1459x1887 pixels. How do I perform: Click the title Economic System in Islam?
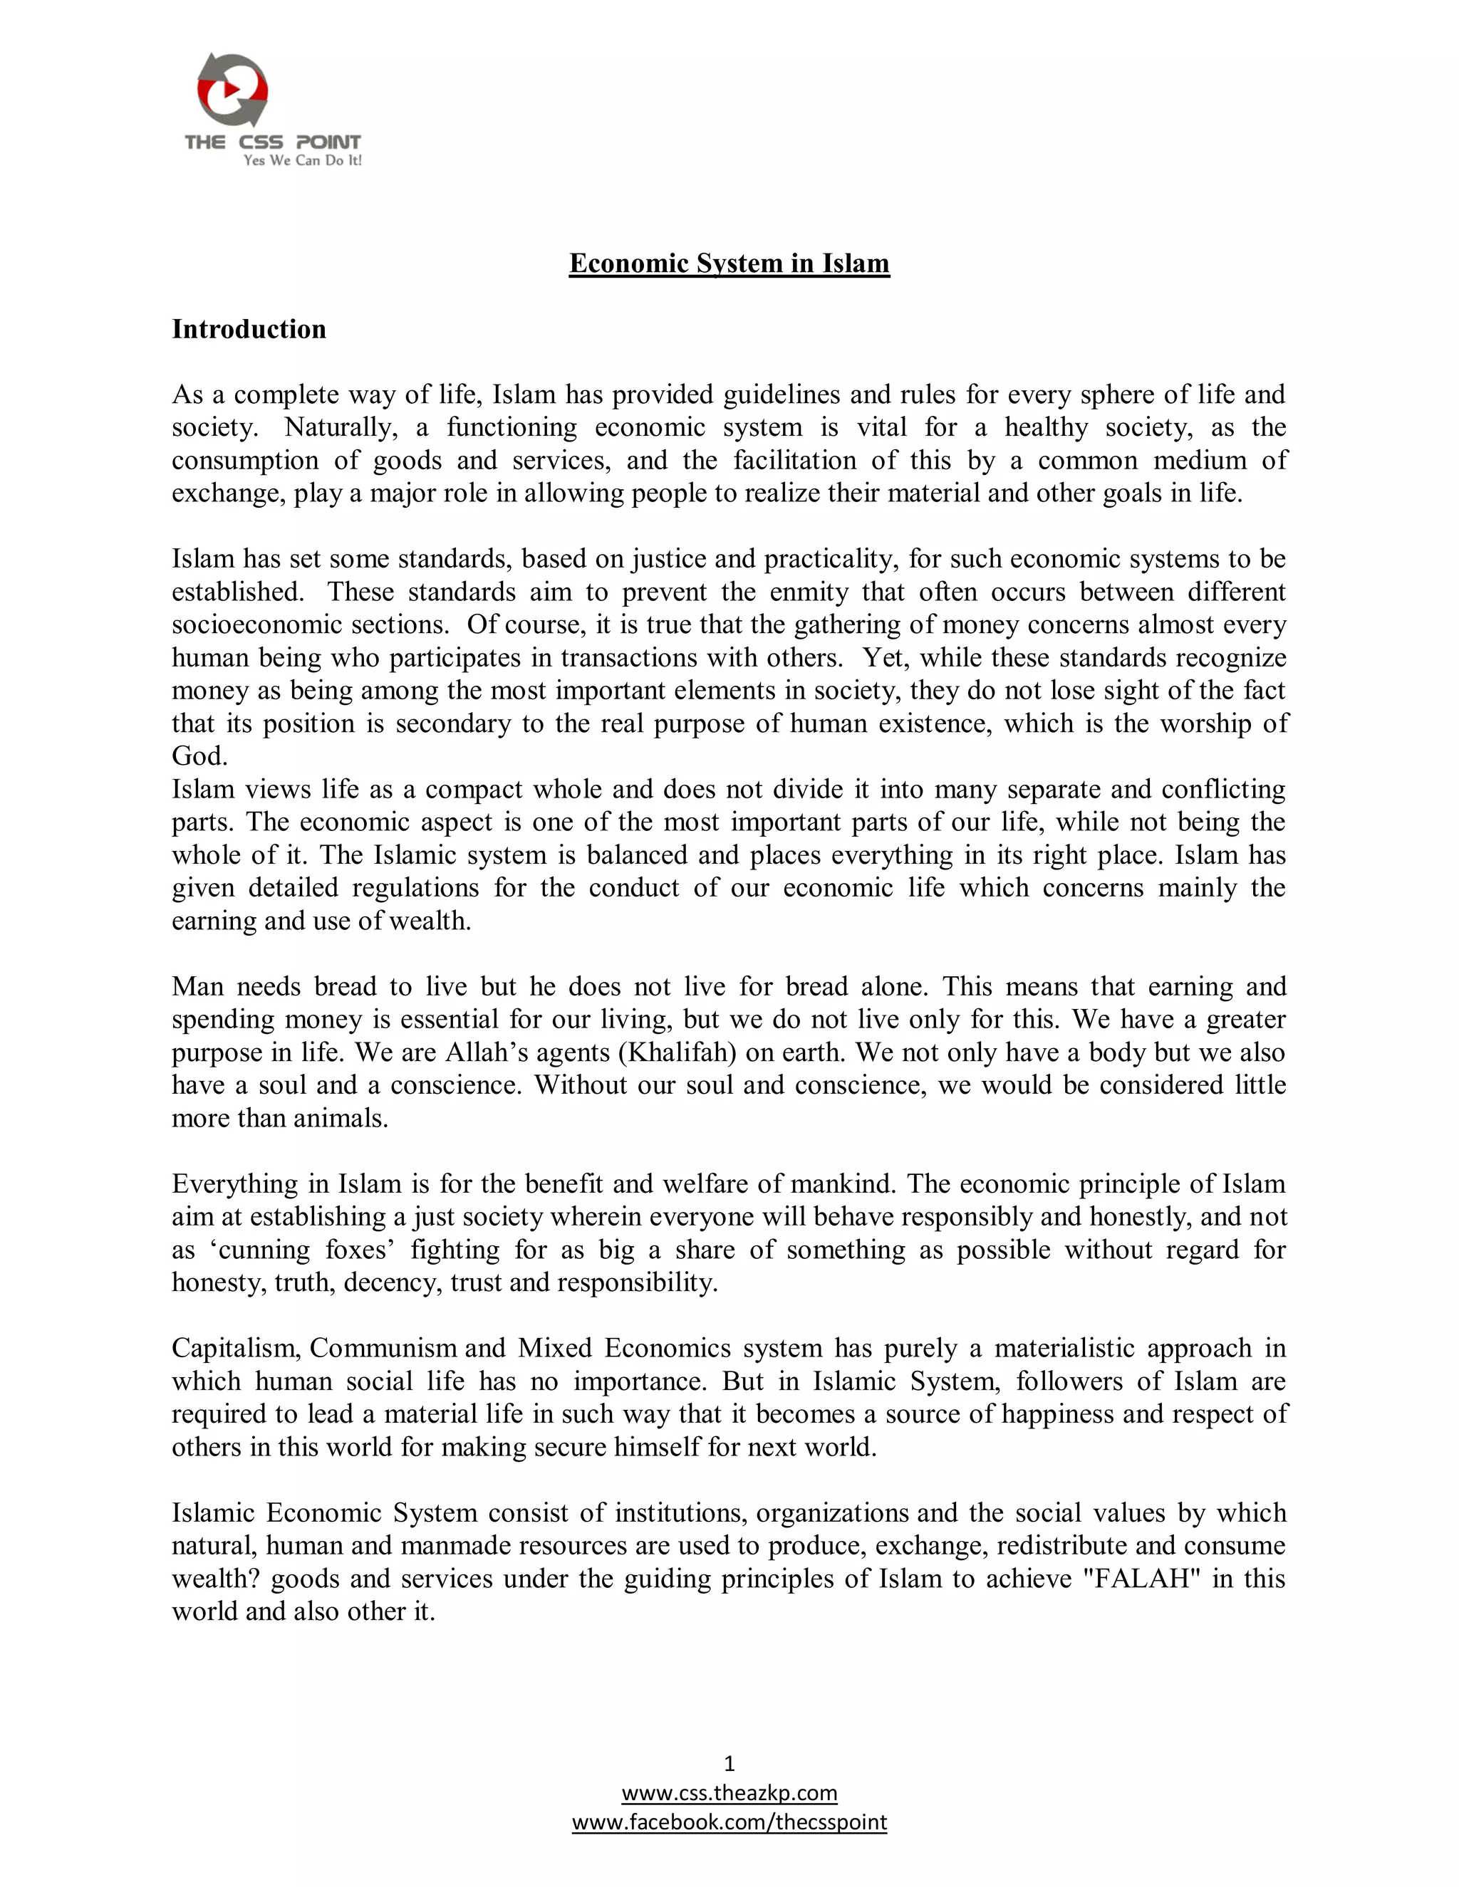(x=729, y=263)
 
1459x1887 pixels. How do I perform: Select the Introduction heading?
(x=249, y=329)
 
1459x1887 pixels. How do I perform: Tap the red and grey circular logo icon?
(x=232, y=89)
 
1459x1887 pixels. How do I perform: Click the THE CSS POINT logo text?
(x=272, y=142)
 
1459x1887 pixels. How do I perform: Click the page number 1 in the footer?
(x=729, y=1763)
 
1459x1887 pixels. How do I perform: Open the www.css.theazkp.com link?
(x=729, y=1793)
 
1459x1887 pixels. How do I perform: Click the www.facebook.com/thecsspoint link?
(x=729, y=1822)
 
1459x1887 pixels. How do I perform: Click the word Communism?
(x=383, y=1348)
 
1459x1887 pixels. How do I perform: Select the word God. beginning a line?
(x=199, y=756)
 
